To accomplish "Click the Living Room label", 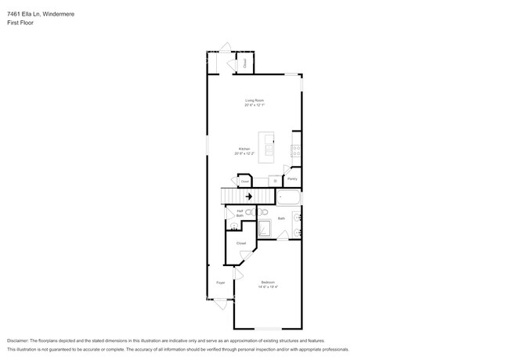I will pos(254,100).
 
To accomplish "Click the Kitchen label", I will pos(244,149).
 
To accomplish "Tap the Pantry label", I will pos(291,179).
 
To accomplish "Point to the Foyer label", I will pos(220,282).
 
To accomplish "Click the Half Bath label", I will pos(240,213).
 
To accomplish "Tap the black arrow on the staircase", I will pos(250,196).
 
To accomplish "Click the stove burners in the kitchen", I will pos(297,149).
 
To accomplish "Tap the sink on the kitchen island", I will pos(269,146).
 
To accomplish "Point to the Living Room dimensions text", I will pos(254,105).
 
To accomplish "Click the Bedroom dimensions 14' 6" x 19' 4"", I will pos(268,286).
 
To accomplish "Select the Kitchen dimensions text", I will pos(244,153).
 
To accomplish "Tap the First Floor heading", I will pos(20,23).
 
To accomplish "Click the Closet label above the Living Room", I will pos(244,63).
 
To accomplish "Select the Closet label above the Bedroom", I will pos(241,243).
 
